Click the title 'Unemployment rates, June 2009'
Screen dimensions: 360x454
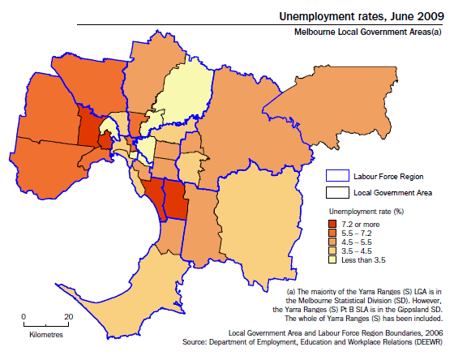tap(362, 15)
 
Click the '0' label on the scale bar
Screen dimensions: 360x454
tap(24, 316)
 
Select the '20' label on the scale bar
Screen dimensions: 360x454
tap(68, 316)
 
